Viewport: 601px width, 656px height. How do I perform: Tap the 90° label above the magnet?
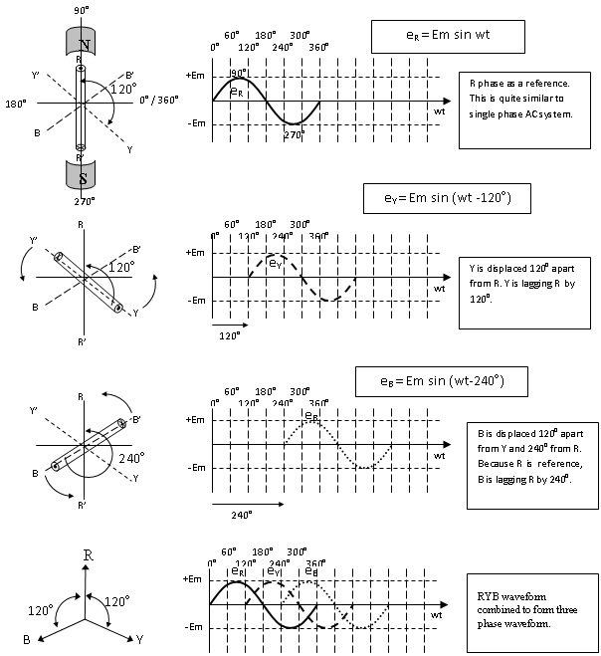tap(83, 9)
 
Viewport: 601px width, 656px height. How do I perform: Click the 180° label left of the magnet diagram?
tap(15, 103)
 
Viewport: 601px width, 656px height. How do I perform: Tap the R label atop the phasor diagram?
tap(89, 553)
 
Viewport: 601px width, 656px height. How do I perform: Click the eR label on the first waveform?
tap(236, 92)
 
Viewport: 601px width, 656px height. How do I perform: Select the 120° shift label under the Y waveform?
tap(230, 336)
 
